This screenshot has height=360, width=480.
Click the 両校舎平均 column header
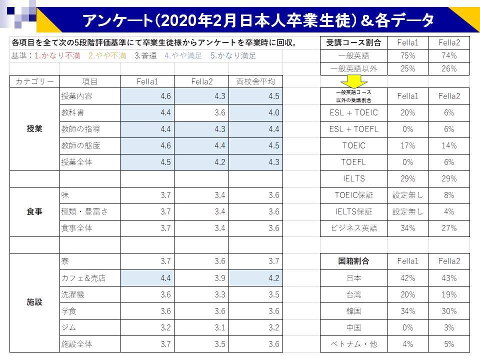click(255, 81)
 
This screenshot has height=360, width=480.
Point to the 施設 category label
click(34, 302)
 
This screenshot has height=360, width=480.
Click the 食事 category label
click(34, 212)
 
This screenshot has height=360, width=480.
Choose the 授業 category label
click(34, 129)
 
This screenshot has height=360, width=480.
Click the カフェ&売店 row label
click(82, 278)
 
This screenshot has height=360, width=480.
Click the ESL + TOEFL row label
click(353, 129)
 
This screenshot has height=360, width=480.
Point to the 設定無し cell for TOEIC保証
click(408, 195)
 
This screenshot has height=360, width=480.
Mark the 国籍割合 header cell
click(353, 261)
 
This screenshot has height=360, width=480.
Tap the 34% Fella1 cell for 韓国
click(408, 311)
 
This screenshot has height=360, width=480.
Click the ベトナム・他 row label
click(353, 344)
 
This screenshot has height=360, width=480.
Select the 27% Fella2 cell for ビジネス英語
click(449, 228)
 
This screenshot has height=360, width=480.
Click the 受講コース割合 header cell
click(353, 42)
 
